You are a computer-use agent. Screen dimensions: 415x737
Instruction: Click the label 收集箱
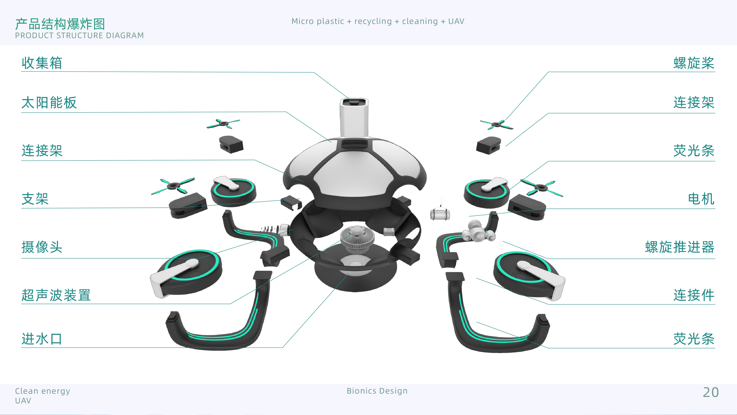42,63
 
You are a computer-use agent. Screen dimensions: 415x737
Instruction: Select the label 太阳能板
49,103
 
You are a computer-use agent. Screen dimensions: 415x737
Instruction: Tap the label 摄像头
42,247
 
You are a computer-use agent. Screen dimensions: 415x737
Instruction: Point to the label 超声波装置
56,295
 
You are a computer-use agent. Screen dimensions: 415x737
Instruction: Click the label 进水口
42,339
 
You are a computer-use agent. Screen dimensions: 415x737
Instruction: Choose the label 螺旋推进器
680,247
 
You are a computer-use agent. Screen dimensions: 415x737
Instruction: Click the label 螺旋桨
694,63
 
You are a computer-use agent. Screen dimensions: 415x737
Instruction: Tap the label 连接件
694,295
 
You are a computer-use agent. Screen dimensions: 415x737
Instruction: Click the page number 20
711,392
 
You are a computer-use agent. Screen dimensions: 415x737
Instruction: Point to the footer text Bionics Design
377,391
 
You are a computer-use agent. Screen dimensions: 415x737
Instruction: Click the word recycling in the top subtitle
373,22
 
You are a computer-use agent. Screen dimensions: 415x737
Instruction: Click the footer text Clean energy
42,391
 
